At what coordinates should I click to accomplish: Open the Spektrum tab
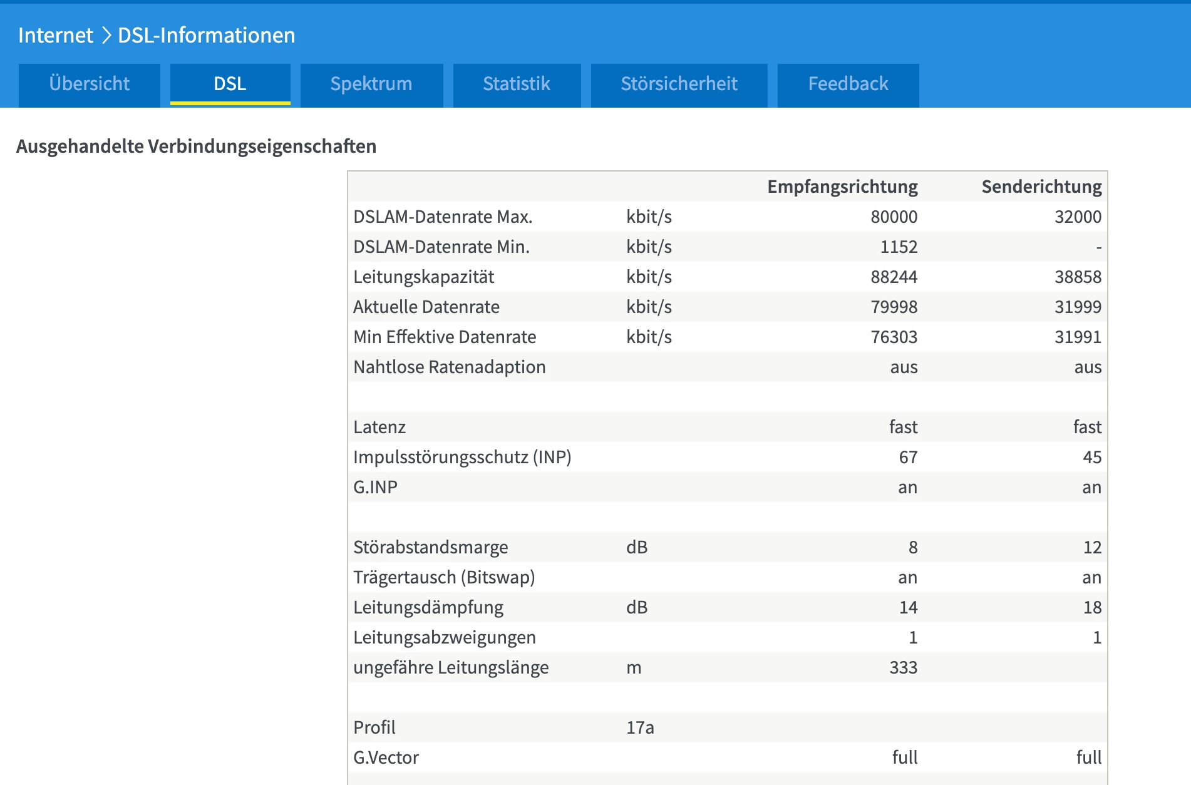[371, 84]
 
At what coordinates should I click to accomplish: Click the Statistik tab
[517, 84]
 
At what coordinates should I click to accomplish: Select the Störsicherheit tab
[679, 84]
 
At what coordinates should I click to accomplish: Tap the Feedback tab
[848, 84]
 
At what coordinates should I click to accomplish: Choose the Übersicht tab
[90, 84]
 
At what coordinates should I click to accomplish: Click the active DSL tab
[230, 84]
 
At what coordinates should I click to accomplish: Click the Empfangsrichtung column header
[842, 187]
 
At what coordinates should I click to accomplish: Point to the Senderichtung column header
[1041, 187]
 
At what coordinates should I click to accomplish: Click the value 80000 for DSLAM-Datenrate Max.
[894, 217]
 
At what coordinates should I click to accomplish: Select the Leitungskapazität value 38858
[1078, 277]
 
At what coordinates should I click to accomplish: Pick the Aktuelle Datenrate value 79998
[894, 307]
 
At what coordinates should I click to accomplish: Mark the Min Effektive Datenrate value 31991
[1078, 337]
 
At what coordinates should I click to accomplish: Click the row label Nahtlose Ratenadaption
[449, 367]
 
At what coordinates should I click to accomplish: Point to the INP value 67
[908, 457]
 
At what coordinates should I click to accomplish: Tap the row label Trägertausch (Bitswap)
[444, 577]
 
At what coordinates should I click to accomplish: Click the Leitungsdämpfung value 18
[1092, 607]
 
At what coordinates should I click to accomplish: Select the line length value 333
[903, 667]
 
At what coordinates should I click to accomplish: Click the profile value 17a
[640, 727]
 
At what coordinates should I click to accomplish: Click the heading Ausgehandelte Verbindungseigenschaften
[196, 146]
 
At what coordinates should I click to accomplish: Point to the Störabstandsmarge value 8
[913, 547]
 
